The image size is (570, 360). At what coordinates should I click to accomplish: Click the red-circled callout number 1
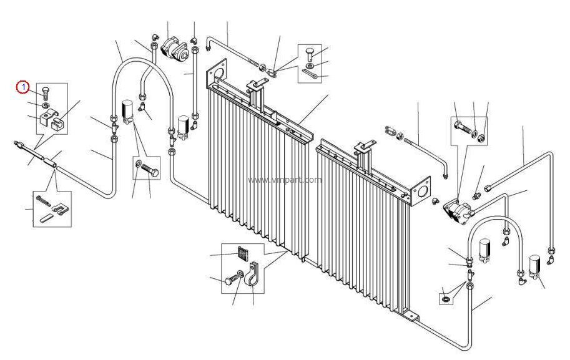[x=22, y=87]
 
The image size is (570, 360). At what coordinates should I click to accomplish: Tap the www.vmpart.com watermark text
[x=285, y=180]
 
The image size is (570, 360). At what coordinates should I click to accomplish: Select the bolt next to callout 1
[x=46, y=94]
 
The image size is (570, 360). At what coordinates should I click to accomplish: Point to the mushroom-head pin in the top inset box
[x=310, y=52]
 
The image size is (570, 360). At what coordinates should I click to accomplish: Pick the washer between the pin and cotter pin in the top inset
[x=310, y=64]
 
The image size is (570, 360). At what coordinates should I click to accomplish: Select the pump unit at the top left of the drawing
[x=174, y=48]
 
